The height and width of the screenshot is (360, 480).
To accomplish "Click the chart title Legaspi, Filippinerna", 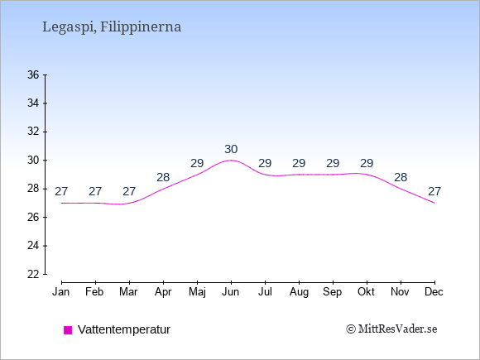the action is click(112, 27).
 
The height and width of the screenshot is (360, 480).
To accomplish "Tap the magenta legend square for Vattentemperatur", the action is click(68, 330).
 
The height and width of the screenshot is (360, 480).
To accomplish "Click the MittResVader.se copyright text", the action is click(391, 329).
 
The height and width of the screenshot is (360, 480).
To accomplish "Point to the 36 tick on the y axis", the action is click(45, 74).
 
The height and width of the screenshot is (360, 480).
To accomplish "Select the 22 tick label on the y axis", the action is click(33, 274).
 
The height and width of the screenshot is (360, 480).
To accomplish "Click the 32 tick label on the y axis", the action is click(33, 132).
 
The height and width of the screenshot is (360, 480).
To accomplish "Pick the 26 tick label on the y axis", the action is click(33, 218).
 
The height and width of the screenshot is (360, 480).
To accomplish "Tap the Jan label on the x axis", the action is click(61, 292).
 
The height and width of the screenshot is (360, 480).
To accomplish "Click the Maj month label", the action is click(197, 292).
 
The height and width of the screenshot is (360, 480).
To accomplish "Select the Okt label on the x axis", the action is click(366, 292).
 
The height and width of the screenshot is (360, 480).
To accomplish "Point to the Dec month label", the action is click(434, 292).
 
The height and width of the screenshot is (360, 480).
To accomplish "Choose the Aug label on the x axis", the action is click(299, 292).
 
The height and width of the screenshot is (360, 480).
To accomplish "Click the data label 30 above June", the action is click(231, 150).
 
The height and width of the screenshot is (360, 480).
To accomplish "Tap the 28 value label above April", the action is click(163, 177).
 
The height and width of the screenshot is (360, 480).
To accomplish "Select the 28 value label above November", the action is click(401, 177).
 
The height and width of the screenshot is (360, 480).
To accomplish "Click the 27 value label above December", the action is click(434, 192).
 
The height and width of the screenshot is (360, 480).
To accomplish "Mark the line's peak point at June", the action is click(231, 160).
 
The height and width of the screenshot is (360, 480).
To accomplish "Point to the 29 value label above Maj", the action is click(197, 164).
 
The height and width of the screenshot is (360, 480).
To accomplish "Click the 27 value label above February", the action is click(95, 192).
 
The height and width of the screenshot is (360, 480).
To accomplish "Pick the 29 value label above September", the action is click(333, 164).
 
